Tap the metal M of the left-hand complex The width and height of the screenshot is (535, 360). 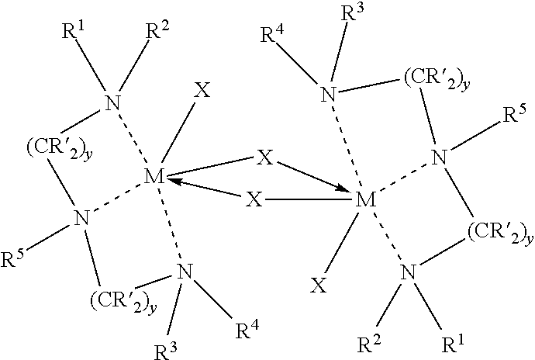154,177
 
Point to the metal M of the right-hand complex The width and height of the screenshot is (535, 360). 365,200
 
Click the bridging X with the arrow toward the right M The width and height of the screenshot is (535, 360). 264,157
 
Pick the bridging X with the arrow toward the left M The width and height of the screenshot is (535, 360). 254,199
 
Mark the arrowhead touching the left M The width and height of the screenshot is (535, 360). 174,182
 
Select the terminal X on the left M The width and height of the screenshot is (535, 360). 202,90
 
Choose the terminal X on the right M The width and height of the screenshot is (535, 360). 319,285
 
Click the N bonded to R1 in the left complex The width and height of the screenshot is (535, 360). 113,102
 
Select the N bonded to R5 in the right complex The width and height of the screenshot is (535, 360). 440,157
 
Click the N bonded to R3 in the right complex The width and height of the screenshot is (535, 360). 328,94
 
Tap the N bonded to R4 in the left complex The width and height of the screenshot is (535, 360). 185,272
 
